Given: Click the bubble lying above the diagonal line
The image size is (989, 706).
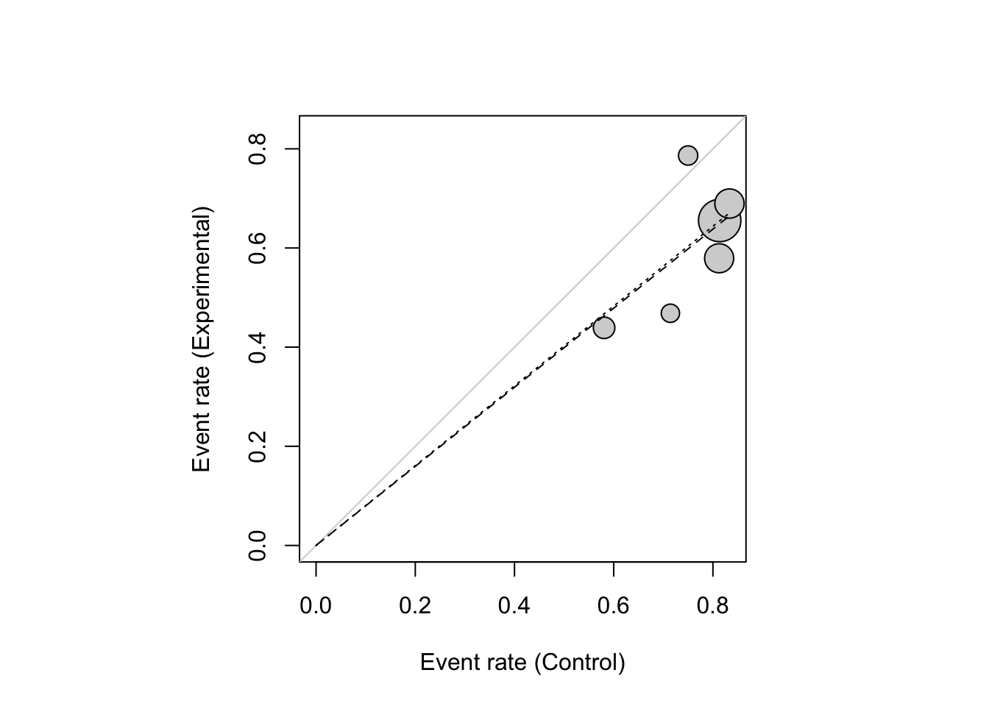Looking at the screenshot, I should (x=688, y=155).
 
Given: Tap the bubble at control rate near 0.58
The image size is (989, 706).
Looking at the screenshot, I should (x=604, y=327).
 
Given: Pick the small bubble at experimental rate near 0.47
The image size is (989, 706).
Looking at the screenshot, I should (x=670, y=313).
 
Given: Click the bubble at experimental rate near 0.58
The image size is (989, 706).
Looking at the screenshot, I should (x=718, y=258).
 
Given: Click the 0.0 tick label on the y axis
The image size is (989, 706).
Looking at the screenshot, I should (x=258, y=545).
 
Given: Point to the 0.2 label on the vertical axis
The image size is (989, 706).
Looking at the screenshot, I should (x=258, y=446).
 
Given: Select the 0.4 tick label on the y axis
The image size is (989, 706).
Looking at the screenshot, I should (x=258, y=347).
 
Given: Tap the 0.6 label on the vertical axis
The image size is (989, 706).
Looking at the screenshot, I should (x=258, y=249).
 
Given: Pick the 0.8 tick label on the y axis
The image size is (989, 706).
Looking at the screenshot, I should (x=258, y=149).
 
